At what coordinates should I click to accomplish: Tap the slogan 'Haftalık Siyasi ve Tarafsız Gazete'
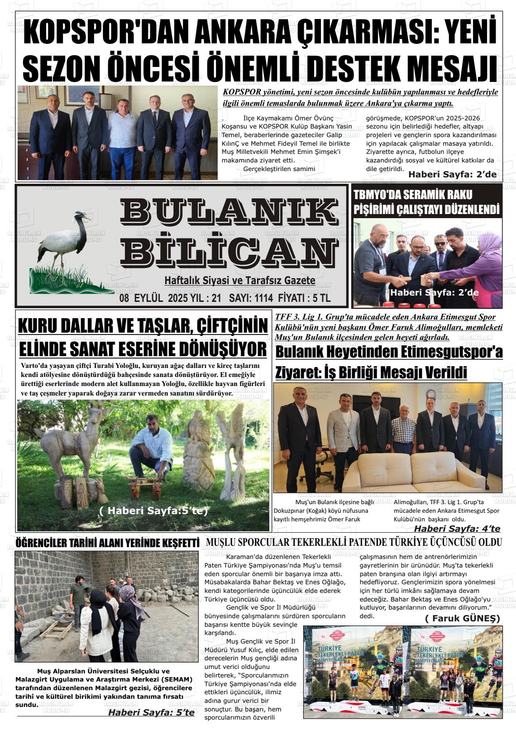click(239, 281)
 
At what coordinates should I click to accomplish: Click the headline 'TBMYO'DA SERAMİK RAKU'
click(412, 195)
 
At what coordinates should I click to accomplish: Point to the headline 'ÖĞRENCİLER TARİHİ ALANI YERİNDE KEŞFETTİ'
click(107, 542)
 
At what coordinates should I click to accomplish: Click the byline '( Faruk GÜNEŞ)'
click(462, 618)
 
